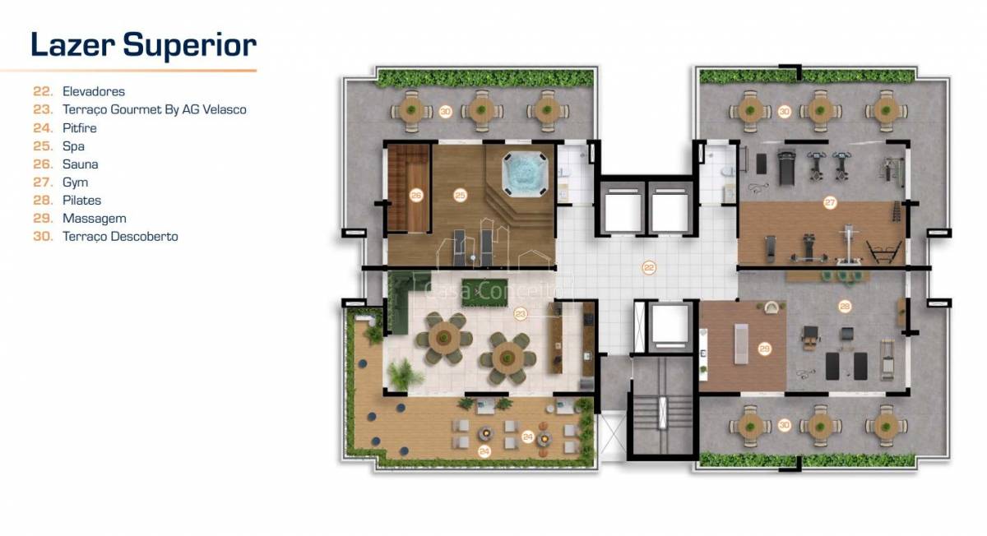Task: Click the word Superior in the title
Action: [189, 46]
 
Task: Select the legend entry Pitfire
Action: [79, 128]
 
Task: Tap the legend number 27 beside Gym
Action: [43, 183]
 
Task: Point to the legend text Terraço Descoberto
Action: [120, 237]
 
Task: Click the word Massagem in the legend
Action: [95, 219]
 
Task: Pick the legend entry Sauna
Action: [81, 164]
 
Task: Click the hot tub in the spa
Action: [525, 174]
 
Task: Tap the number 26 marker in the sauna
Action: [416, 195]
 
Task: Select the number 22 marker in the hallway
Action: [649, 267]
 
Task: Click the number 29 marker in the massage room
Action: [764, 349]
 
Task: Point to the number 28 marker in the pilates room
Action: [845, 307]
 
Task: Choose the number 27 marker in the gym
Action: [830, 202]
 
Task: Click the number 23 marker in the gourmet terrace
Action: [521, 314]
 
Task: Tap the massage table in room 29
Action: [741, 344]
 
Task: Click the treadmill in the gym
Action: [786, 168]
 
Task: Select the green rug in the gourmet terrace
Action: [484, 293]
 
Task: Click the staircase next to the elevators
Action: [663, 412]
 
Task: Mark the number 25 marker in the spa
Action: [460, 195]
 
